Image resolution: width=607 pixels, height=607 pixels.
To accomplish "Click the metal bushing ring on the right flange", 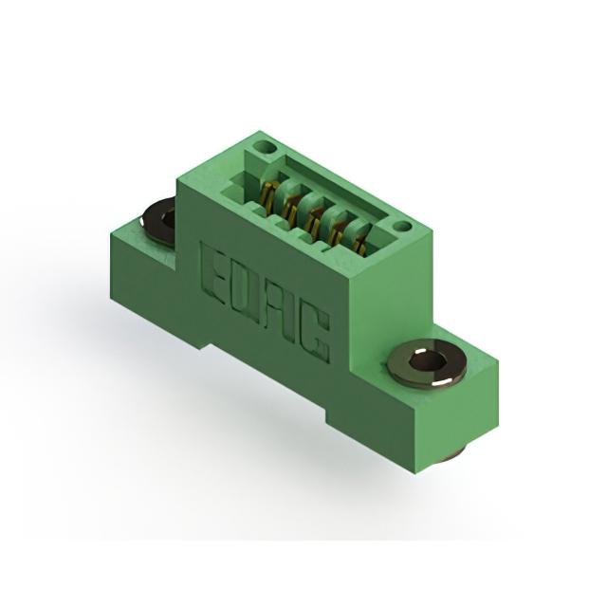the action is [x=426, y=362].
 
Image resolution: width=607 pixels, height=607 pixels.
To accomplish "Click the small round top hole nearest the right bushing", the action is [x=403, y=226].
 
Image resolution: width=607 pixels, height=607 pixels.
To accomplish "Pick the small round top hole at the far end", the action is [x=264, y=146].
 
